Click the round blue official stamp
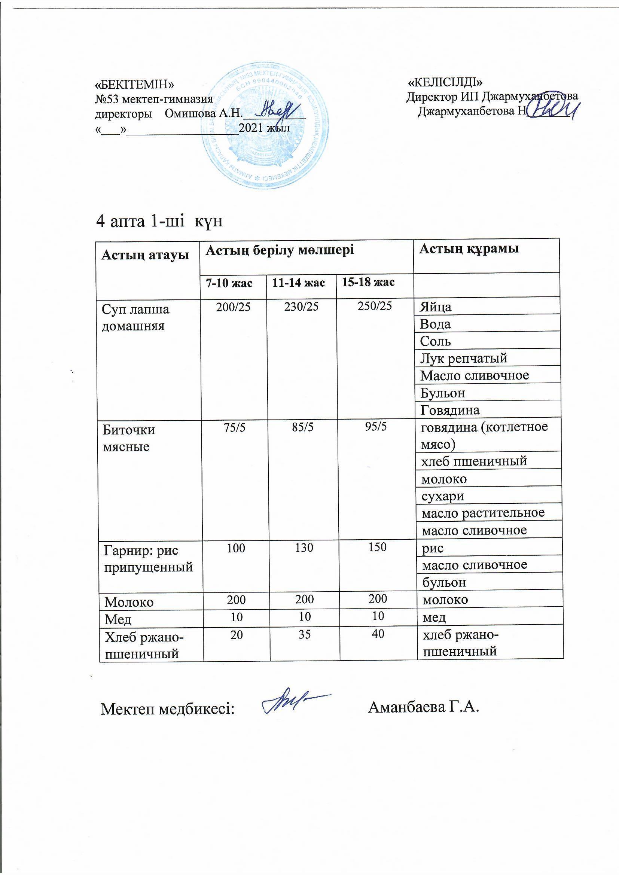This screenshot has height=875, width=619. [266, 127]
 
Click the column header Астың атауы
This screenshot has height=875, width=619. [145, 255]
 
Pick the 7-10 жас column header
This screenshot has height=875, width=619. [229, 283]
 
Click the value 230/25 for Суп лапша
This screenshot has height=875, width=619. [301, 307]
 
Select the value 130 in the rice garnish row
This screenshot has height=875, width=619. [304, 548]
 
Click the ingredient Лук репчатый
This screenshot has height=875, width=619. [463, 358]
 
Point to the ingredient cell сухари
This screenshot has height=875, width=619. [442, 496]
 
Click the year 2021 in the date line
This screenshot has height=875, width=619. [251, 128]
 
